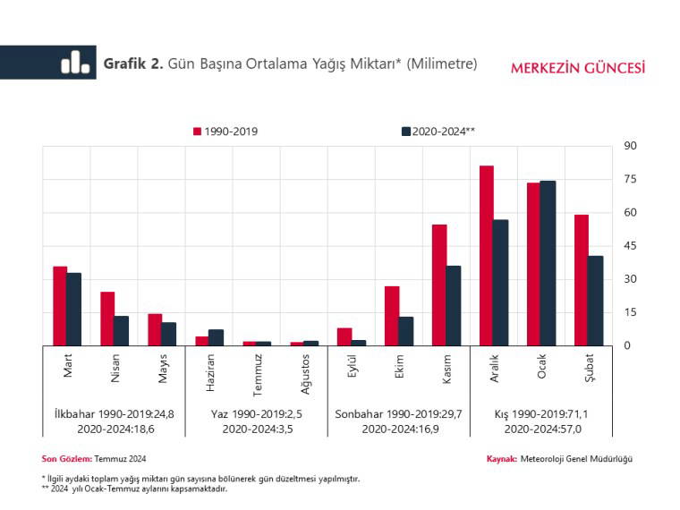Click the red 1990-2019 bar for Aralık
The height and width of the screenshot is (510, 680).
(487, 256)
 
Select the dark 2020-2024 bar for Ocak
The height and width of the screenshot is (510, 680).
(548, 263)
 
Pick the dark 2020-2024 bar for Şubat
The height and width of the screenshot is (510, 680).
(595, 301)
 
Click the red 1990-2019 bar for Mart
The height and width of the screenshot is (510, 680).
(60, 306)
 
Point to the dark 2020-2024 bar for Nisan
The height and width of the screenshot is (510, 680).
(121, 330)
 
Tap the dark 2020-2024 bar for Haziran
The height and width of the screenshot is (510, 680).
(216, 337)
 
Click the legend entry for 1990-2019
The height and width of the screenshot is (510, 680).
(225, 132)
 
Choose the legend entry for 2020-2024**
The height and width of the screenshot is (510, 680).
(438, 132)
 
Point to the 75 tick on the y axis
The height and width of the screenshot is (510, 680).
(630, 179)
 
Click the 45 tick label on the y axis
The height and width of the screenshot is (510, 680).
(630, 246)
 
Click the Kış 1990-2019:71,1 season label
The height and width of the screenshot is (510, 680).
(542, 414)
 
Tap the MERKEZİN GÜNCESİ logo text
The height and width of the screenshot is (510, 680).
(577, 68)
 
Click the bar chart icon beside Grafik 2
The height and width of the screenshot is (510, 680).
(75, 63)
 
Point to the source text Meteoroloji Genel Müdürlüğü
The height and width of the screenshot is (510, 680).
(576, 458)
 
